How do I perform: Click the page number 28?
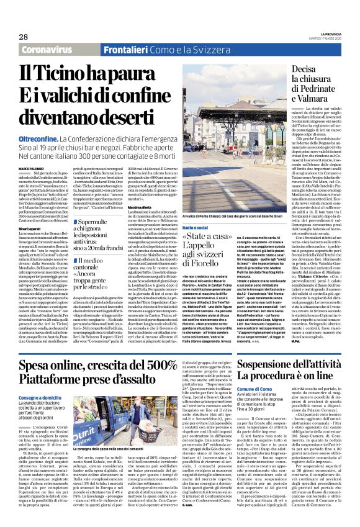coord(24,36)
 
